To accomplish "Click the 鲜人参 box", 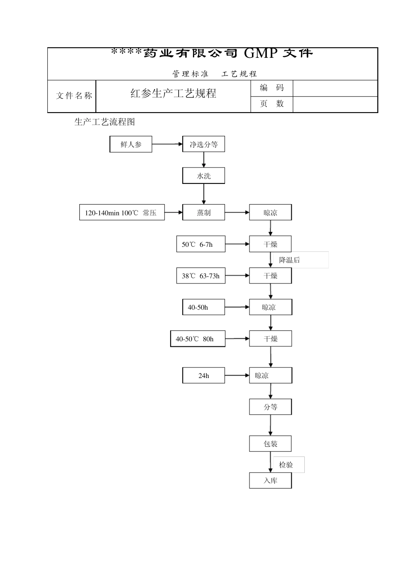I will click(x=131, y=144).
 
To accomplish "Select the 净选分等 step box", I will click(x=203, y=144).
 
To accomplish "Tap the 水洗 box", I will click(x=203, y=176).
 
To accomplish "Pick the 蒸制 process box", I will click(x=203, y=213).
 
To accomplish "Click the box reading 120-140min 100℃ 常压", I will click(x=122, y=213).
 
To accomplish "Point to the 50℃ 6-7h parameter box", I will click(x=200, y=244).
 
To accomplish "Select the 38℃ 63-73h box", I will click(x=200, y=276).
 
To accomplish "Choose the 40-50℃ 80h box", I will click(x=198, y=339).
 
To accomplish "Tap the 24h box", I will click(x=203, y=375).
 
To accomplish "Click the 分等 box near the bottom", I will click(x=271, y=407).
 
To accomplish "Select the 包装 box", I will click(x=271, y=444).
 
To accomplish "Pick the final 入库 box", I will click(x=271, y=481).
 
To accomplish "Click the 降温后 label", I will click(x=290, y=260).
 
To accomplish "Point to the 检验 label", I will click(x=286, y=465).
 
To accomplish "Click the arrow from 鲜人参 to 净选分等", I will click(x=167, y=144).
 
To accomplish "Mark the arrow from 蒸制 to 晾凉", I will click(x=237, y=213).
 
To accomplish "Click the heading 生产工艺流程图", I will click(x=105, y=122).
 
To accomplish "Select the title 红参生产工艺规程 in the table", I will click(x=173, y=93).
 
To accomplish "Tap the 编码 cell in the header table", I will click(x=272, y=88).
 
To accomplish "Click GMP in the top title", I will click(x=260, y=53).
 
